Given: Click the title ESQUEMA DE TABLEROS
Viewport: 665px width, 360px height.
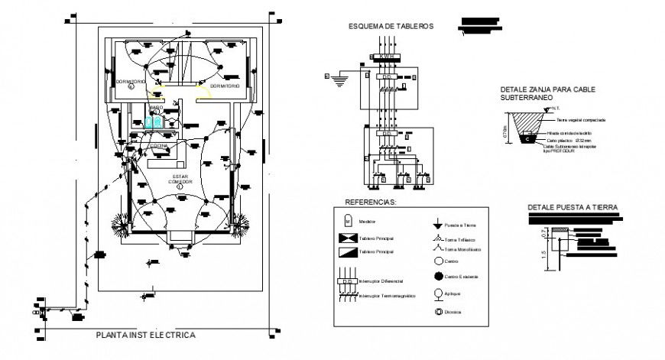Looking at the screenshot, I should [x=391, y=26].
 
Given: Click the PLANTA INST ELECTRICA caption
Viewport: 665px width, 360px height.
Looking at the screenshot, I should [x=145, y=335].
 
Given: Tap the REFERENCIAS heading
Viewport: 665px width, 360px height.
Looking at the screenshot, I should [x=371, y=203].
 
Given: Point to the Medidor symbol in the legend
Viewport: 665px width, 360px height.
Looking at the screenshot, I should [x=349, y=221].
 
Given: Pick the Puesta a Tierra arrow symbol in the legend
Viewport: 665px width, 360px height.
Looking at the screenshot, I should [x=436, y=225].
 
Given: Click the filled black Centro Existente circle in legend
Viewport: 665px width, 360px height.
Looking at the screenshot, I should [x=436, y=276].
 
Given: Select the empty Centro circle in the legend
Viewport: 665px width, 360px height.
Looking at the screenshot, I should [x=436, y=261].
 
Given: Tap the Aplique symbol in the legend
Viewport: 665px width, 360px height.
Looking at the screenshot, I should [x=436, y=293].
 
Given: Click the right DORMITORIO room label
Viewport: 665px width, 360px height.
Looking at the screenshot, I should [x=223, y=86].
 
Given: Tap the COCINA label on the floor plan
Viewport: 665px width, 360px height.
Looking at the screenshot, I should [x=159, y=144].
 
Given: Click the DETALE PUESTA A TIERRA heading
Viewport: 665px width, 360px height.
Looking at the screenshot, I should [x=573, y=207].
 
